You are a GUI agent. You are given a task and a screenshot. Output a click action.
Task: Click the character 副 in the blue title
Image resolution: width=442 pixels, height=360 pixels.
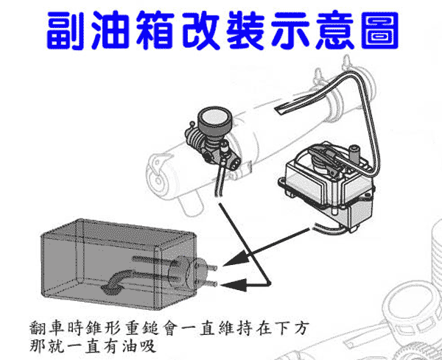tap(66, 30)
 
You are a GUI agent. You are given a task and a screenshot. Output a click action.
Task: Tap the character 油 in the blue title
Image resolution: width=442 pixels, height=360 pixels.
tap(110, 30)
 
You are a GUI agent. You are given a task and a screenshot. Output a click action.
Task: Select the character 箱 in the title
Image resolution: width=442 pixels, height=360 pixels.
tap(155, 30)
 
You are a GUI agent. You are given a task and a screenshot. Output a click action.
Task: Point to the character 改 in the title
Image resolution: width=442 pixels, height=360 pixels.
tap(200, 30)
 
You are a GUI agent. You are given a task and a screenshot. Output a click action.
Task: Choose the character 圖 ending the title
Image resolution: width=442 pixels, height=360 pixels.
tap(380, 30)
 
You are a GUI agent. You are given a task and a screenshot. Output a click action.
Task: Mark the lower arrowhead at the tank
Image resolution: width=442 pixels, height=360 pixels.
tap(234, 285)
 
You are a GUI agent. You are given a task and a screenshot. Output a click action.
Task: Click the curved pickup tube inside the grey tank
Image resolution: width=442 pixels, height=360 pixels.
tap(119, 282)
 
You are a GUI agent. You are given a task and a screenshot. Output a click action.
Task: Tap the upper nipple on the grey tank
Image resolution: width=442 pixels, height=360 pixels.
tap(213, 268)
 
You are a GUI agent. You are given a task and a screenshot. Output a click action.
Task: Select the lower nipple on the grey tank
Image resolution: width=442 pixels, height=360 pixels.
tap(213, 283)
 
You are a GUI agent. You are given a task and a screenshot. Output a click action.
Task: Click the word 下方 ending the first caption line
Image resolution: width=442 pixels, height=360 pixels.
tap(292, 328)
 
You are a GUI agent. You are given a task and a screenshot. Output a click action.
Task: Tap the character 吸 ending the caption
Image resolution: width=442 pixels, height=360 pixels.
tap(146, 345)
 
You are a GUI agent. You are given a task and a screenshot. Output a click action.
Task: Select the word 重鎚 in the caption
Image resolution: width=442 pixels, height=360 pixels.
tap(141, 328)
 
